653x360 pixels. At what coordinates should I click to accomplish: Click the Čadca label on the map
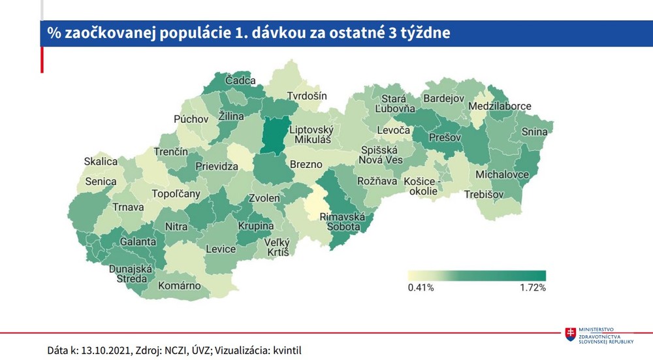point(240,80)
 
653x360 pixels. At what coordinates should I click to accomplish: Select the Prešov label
point(445,138)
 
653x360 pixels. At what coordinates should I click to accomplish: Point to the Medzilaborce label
point(500,106)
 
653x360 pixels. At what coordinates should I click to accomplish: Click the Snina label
point(534,132)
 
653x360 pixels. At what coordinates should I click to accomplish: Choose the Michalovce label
point(503,175)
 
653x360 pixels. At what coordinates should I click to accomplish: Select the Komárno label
point(179,286)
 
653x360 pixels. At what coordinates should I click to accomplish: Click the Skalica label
point(101,161)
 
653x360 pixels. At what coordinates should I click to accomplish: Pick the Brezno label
point(306,164)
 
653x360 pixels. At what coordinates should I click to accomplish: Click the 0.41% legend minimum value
point(421,287)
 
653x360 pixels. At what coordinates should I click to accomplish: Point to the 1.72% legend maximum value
point(532,287)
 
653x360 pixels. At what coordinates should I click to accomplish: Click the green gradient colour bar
point(477,275)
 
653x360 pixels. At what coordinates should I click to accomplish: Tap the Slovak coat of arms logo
point(571,334)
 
